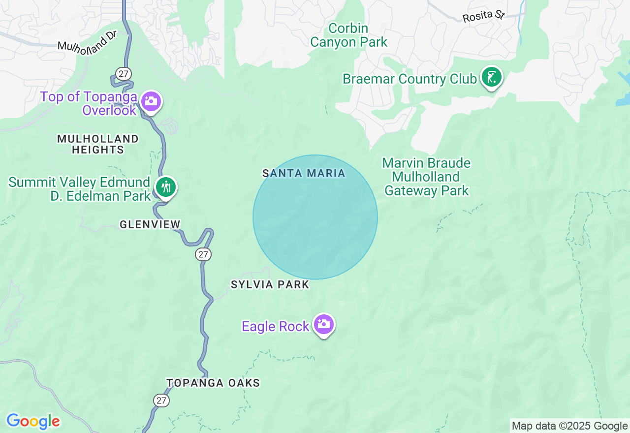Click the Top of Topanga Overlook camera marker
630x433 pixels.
pyautogui.click(x=151, y=101)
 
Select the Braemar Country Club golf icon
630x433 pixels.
pyautogui.click(x=491, y=77)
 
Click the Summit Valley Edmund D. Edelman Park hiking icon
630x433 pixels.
pyautogui.click(x=166, y=187)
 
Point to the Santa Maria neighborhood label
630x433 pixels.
pyautogui.click(x=304, y=173)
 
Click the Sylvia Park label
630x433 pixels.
pyautogui.click(x=270, y=284)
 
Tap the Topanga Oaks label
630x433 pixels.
pyautogui.click(x=213, y=383)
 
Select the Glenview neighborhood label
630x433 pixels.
pyautogui.click(x=150, y=224)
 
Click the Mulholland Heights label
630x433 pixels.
pyautogui.click(x=98, y=144)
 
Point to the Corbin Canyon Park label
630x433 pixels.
pyautogui.click(x=348, y=35)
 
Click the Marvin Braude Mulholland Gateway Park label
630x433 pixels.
pyautogui.click(x=426, y=177)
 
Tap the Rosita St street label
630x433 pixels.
pyautogui.click(x=483, y=16)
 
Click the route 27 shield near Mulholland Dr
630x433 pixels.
pyautogui.click(x=124, y=74)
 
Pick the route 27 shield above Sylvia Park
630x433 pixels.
pyautogui.click(x=203, y=254)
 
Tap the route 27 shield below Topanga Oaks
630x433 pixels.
pyautogui.click(x=161, y=400)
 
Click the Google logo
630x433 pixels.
pyautogui.click(x=33, y=421)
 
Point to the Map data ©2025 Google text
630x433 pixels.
pyautogui.click(x=569, y=426)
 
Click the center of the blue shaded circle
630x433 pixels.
pyautogui.click(x=315, y=217)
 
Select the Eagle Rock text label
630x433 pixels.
pyautogui.click(x=275, y=326)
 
